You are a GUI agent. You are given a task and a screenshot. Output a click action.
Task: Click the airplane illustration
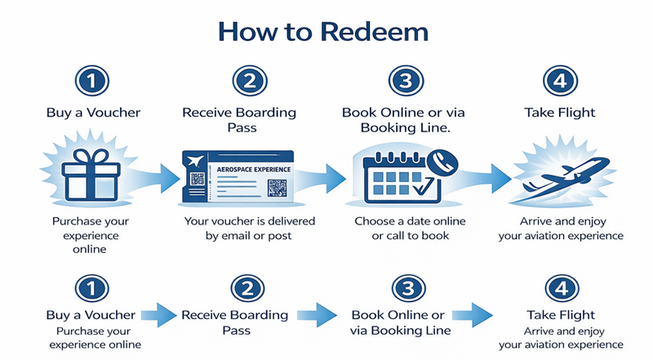(562, 176)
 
